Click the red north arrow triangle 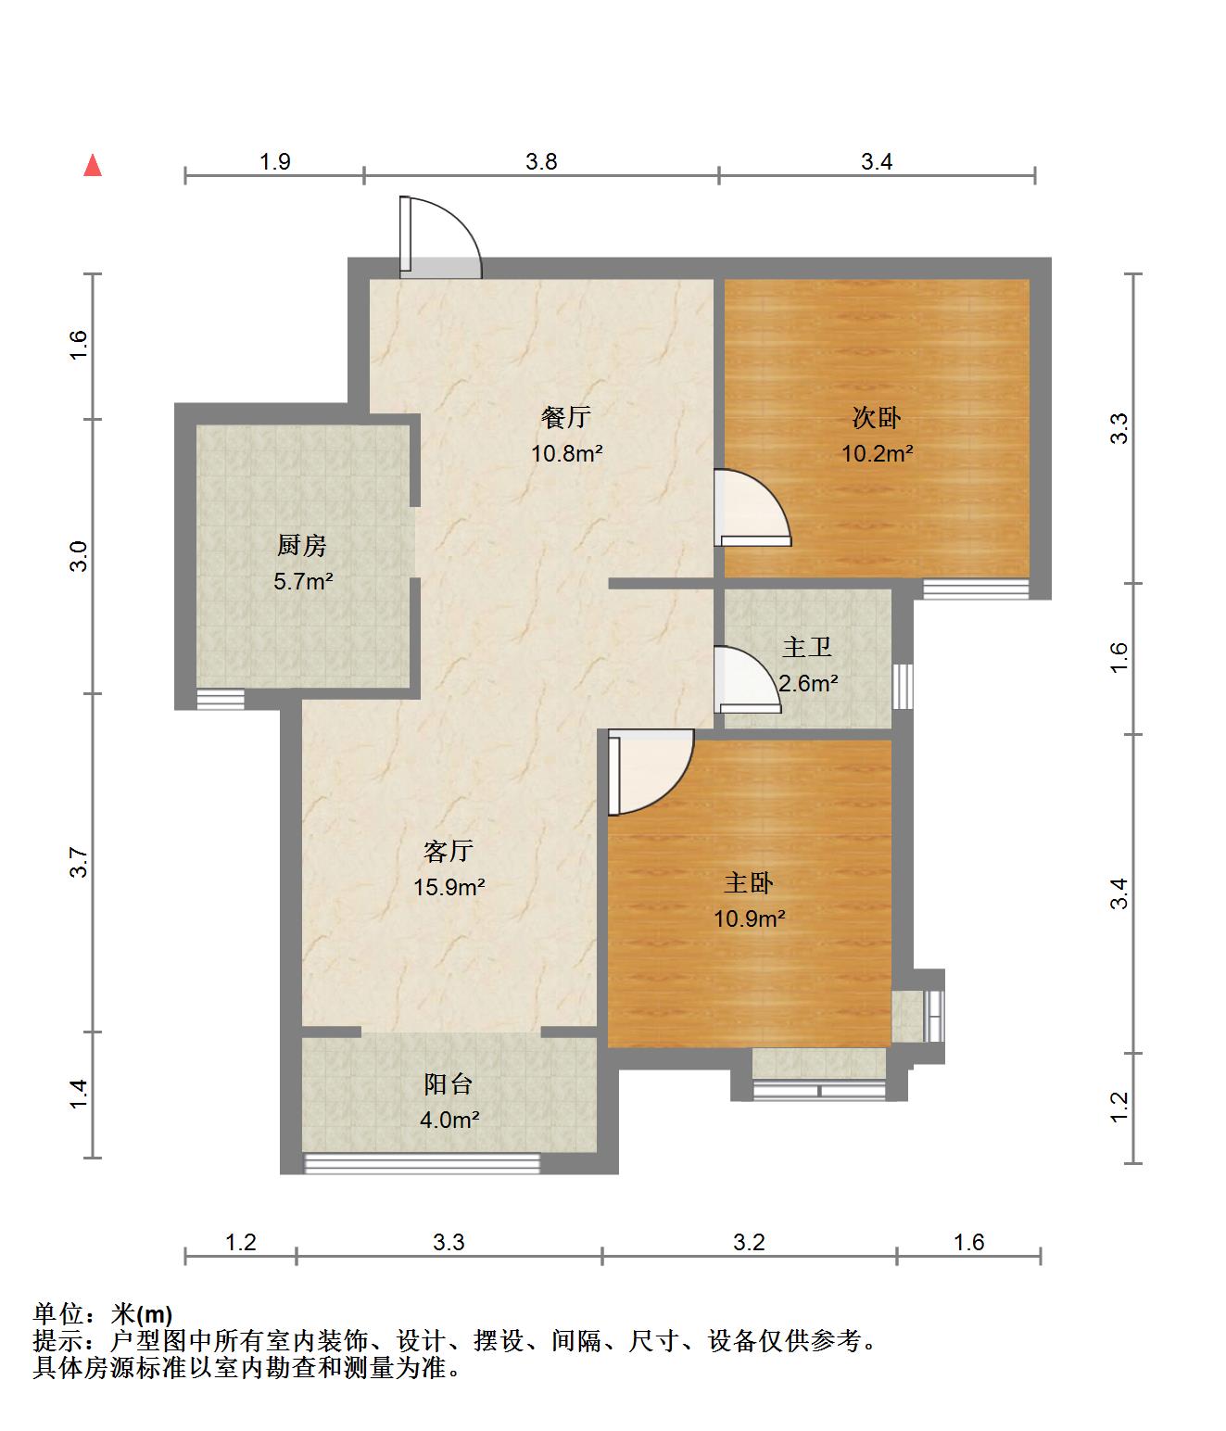(x=92, y=166)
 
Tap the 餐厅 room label (x=565, y=418)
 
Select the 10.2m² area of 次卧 (x=877, y=454)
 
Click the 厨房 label (x=302, y=546)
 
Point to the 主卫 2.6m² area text (x=808, y=684)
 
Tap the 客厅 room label (x=449, y=851)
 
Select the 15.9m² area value (x=449, y=888)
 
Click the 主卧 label (x=749, y=883)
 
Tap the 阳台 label (x=449, y=1084)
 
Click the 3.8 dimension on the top (x=541, y=162)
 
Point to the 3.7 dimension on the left (x=80, y=863)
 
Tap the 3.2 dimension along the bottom (x=749, y=1242)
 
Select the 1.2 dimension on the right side (x=1119, y=1102)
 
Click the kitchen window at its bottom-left (x=221, y=699)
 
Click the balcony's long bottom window (x=423, y=1163)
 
